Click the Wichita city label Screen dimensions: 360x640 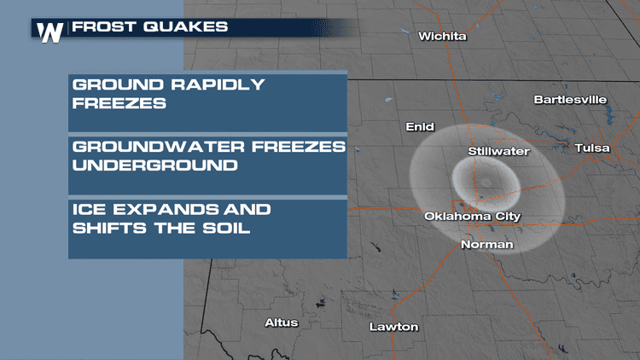[443, 37]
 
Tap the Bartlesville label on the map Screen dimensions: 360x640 [570, 100]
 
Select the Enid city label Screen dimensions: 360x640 [420, 126]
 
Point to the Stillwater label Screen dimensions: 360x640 [499, 152]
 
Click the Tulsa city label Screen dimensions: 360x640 [592, 148]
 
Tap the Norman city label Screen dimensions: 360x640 [486, 245]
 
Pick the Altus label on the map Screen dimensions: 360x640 [282, 323]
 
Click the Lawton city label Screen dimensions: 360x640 [393, 327]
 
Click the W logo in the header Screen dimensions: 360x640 [50, 31]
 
